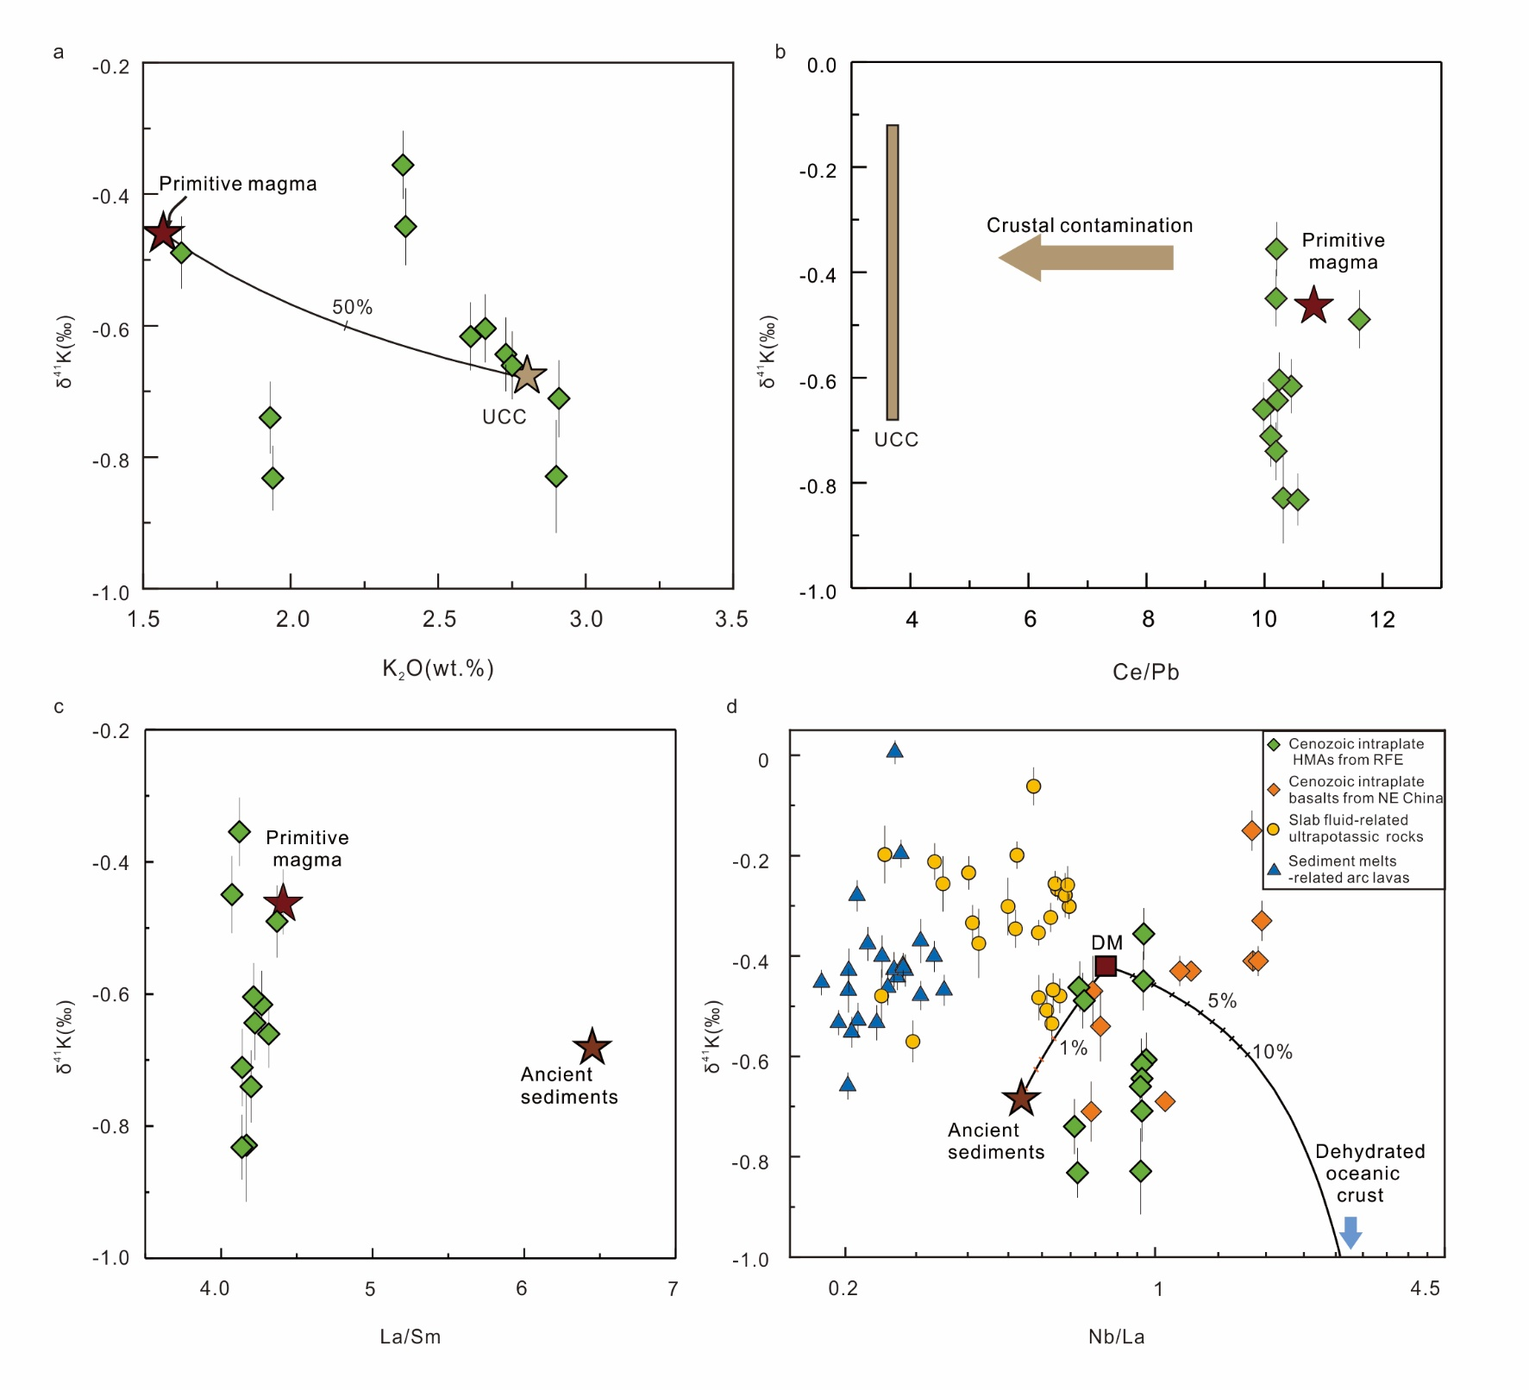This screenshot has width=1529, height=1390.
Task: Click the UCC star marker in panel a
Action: [x=526, y=375]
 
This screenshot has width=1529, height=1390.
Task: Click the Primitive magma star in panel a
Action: [x=163, y=233]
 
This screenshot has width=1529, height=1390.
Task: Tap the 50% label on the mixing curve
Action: [x=352, y=307]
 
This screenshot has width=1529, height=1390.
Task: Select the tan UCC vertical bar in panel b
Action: [x=893, y=272]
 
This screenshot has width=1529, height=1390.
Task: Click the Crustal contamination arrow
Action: [x=1086, y=258]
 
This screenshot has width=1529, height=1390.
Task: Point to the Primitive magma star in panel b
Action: [x=1313, y=305]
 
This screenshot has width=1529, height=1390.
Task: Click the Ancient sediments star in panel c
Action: [x=592, y=1048]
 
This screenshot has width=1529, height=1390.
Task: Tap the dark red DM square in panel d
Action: [x=1105, y=966]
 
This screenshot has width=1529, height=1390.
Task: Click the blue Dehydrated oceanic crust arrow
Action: [x=1350, y=1232]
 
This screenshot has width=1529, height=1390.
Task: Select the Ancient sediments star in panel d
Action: [x=1021, y=1098]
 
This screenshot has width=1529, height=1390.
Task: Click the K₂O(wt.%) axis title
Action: [x=438, y=669]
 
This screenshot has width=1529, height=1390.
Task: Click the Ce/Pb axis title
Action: [x=1145, y=672]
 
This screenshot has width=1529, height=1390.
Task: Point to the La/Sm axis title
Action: [x=410, y=1337]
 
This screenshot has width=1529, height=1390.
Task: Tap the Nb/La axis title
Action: [x=1116, y=1337]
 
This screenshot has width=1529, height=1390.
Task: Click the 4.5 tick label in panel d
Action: [x=1424, y=1288]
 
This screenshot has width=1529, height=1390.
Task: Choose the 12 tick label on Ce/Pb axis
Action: [x=1382, y=619]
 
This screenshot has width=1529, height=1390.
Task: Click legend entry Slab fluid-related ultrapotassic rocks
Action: [x=1355, y=829]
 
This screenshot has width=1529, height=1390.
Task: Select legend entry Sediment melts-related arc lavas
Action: [x=1348, y=869]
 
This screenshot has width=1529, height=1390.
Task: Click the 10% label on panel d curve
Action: [x=1272, y=1052]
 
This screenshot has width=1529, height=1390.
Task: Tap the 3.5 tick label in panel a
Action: [x=731, y=619]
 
